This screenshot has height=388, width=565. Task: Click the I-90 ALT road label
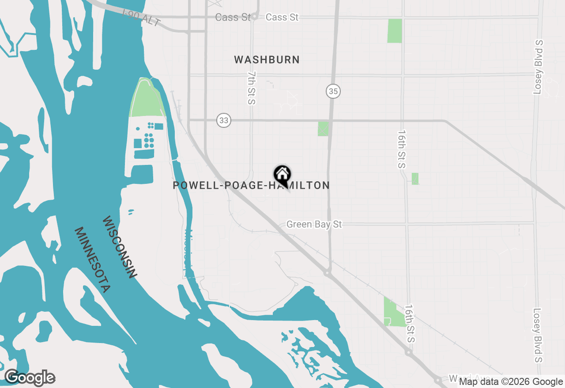[141, 18]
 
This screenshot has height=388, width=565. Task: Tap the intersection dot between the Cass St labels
[255, 17]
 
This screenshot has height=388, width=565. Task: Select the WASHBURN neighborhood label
[267, 60]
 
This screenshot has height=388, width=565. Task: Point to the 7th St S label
[252, 88]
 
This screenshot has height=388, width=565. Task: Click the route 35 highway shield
[334, 92]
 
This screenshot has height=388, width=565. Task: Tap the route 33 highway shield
[224, 120]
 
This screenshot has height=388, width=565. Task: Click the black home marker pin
[282, 175]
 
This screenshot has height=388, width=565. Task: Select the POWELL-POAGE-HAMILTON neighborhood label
[251, 186]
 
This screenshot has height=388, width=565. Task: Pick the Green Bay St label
[314, 224]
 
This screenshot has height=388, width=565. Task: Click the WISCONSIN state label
[120, 247]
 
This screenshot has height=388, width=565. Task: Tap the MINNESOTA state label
[92, 260]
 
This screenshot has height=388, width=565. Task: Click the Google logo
[30, 378]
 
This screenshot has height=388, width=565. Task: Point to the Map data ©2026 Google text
[511, 382]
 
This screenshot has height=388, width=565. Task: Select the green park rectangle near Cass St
[395, 31]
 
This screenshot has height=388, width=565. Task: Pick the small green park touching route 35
[323, 129]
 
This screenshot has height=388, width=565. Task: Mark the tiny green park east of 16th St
[415, 179]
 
